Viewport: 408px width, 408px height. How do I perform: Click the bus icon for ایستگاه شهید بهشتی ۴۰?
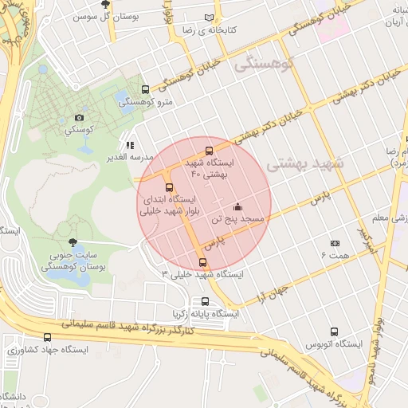tap(210, 150)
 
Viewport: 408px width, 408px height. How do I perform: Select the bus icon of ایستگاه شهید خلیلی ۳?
tap(202, 262)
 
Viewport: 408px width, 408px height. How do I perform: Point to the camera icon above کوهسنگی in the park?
tap(78, 118)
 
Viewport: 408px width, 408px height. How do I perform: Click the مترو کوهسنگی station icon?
tap(144, 89)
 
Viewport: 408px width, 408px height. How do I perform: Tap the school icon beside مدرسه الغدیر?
tap(130, 146)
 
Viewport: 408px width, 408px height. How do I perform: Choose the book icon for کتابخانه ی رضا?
tap(210, 17)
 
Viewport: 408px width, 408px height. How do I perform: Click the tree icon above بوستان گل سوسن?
tap(105, 5)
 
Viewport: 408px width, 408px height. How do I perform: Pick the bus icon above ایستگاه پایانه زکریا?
tap(206, 301)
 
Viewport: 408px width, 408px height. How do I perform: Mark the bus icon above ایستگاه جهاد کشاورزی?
tap(47, 337)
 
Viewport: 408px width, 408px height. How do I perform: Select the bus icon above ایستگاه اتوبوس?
tap(334, 331)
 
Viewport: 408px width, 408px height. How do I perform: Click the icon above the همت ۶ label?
tap(335, 243)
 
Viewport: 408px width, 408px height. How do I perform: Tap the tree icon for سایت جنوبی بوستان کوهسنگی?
tap(73, 243)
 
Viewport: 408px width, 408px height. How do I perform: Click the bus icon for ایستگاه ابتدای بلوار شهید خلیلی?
tap(168, 187)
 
